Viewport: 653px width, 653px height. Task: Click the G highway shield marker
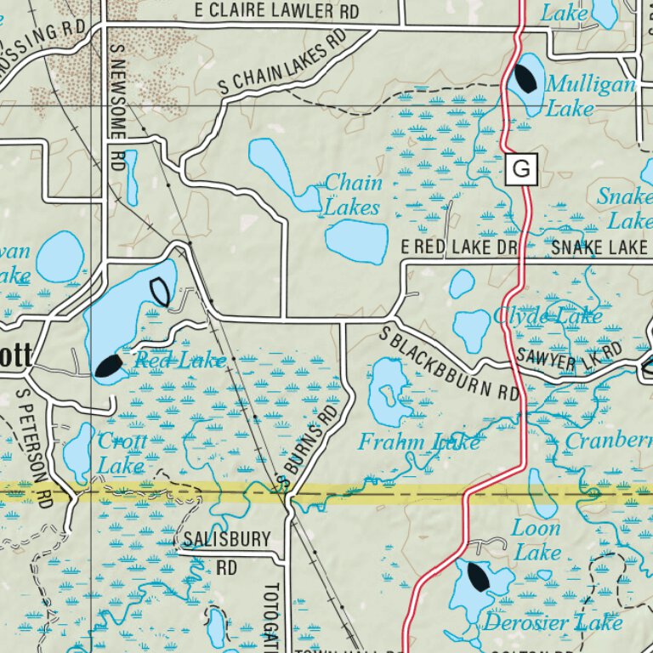521,170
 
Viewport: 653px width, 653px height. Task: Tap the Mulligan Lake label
590,96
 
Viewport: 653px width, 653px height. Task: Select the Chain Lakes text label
353,195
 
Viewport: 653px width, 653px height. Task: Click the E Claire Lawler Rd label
276,11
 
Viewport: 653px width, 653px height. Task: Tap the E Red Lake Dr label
459,247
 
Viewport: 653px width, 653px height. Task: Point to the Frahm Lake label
418,442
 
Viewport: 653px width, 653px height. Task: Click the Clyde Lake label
548,316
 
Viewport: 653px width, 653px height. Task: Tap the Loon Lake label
536,540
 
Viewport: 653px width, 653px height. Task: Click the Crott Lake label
122,453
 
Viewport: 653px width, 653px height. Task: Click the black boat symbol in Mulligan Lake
525,78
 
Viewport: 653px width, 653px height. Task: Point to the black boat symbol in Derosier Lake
478,577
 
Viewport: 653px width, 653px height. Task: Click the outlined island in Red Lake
159,292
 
